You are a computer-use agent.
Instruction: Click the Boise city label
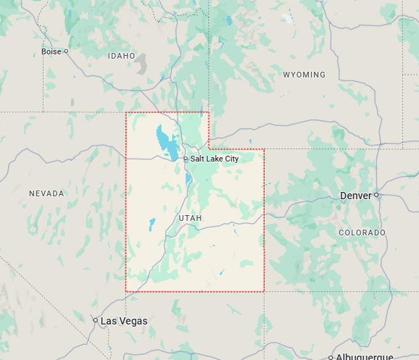[51, 51]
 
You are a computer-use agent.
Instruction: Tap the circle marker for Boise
[66, 51]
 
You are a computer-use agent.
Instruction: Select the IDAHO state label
[121, 56]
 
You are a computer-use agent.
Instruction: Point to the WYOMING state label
[304, 75]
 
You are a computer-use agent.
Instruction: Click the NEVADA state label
[46, 193]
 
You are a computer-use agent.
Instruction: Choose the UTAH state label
[190, 218]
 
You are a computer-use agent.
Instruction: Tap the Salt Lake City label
[214, 159]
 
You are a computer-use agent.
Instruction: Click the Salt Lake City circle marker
[185, 159]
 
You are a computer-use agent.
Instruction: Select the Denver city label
[355, 196]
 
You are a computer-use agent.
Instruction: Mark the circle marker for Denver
[376, 195]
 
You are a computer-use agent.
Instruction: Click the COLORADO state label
[362, 233]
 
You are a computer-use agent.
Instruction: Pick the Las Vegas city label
[124, 321]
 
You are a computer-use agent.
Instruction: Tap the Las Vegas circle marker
[95, 319]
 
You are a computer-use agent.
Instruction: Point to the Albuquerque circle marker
[330, 357]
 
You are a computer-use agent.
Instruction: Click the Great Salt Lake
[167, 142]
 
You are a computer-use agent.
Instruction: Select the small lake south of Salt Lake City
[188, 178]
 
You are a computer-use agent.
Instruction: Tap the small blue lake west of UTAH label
[152, 224]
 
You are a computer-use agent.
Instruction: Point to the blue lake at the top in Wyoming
[229, 21]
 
